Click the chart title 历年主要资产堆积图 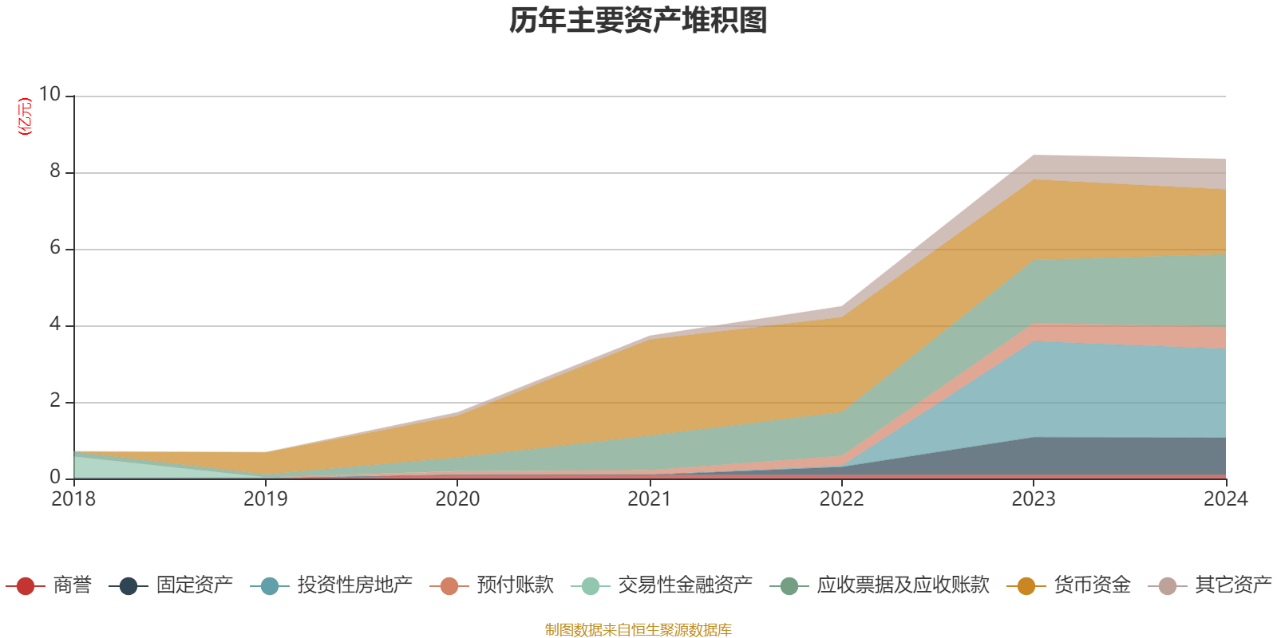coord(638,21)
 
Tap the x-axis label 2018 coord(73,499)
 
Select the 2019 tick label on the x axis coord(265,499)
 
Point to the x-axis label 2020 coord(457,499)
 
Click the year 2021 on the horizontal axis coord(650,499)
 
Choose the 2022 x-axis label coord(841,499)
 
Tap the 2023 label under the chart coord(1034,499)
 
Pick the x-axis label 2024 coord(1225,499)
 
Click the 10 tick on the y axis coord(49,94)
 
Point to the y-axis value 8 coord(55,171)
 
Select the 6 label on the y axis coord(55,247)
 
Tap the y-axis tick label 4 coord(55,324)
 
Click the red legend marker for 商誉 coord(26,586)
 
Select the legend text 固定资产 coord(194,585)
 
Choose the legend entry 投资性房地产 coord(354,585)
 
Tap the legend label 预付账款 coord(515,585)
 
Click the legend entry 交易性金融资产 coord(685,585)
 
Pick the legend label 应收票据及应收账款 coord(902,585)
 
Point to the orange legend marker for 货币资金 coord(1026,586)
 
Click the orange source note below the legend coord(638,630)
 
